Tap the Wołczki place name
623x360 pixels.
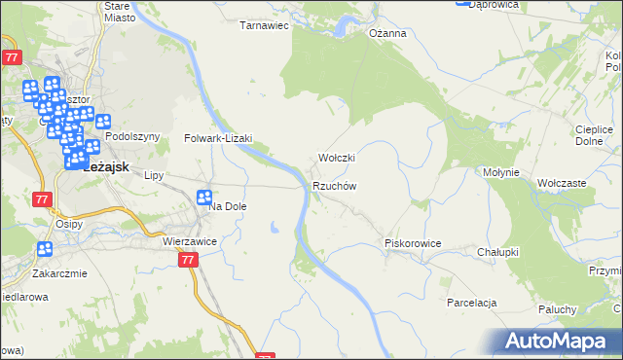337,158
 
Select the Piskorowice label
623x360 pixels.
413,243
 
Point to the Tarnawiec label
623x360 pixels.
265,26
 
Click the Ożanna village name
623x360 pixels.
386,33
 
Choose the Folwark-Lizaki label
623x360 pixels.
218,138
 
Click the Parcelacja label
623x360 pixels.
472,303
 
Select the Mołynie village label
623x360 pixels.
504,172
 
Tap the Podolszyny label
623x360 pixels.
131,137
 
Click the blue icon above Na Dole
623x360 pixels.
204,198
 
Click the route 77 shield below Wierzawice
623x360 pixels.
189,260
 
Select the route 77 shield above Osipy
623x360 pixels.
41,199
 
